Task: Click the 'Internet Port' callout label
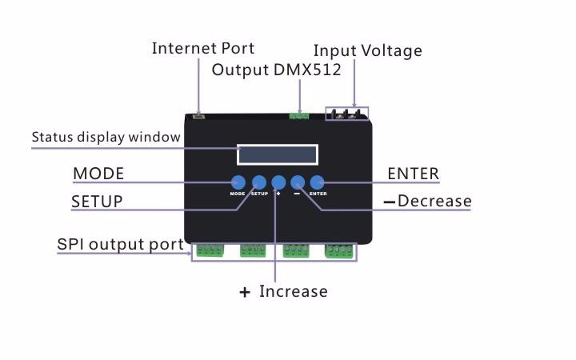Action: tap(202, 48)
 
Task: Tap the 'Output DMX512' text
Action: tap(276, 70)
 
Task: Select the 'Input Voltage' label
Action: tap(368, 51)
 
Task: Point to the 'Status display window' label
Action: tap(106, 137)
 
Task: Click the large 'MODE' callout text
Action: tap(98, 174)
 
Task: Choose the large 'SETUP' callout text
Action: tap(97, 202)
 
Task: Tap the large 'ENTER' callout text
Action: tap(414, 174)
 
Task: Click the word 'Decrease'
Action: tap(434, 201)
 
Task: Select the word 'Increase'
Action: tap(294, 291)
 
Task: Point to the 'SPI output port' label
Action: tap(120, 244)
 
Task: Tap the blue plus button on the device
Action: tap(278, 182)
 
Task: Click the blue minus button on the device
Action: tap(298, 182)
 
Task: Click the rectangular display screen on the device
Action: tap(278, 154)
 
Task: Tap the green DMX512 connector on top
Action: tap(299, 116)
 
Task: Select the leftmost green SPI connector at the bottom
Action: tap(210, 250)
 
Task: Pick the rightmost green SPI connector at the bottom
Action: tap(339, 250)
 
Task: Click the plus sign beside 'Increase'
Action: tap(245, 293)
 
